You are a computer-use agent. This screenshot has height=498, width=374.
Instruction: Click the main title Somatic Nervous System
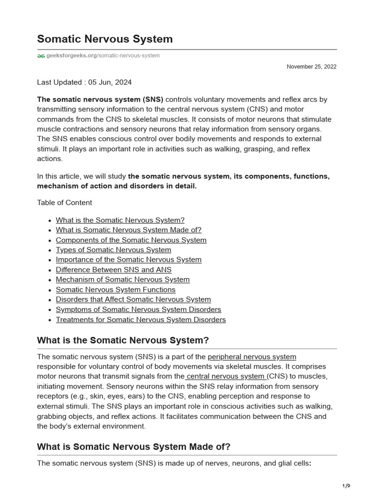tap(105, 39)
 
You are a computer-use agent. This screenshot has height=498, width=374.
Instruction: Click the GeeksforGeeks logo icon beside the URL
tap(41, 56)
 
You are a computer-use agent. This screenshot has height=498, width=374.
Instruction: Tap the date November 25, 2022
tap(311, 67)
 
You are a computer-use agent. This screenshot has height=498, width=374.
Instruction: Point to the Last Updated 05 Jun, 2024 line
tap(84, 82)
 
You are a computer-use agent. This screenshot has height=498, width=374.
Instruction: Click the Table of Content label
tap(64, 202)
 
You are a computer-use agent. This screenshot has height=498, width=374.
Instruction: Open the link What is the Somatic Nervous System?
tap(120, 220)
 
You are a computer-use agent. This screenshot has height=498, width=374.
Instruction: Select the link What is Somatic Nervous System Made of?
tap(129, 230)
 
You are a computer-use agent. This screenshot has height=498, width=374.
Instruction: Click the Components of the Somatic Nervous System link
tap(131, 240)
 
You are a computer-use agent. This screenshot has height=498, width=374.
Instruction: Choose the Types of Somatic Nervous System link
tap(113, 250)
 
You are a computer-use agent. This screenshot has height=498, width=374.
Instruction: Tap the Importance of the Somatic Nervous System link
tap(129, 260)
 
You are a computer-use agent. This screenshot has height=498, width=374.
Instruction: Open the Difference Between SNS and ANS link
tap(113, 269)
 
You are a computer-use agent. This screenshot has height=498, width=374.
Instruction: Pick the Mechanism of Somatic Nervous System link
tap(123, 280)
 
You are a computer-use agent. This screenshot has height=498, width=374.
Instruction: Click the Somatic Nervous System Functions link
tap(115, 290)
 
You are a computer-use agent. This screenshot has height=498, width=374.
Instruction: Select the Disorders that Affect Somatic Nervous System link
tap(133, 300)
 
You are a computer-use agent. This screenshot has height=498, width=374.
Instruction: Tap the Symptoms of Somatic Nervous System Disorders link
tap(138, 310)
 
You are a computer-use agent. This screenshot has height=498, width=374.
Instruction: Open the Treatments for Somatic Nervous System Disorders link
tap(141, 320)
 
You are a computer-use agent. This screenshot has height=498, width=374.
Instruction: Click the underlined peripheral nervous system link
tap(252, 357)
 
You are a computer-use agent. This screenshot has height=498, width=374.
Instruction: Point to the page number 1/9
tap(346, 486)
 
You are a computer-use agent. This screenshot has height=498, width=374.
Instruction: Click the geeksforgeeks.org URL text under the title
tap(102, 56)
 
